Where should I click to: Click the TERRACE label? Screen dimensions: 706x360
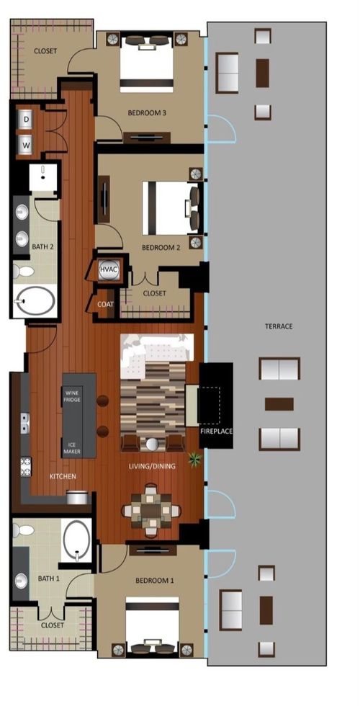tap(279, 326)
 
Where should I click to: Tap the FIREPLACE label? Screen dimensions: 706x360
tap(216, 432)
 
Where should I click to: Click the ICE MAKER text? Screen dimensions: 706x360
tap(71, 447)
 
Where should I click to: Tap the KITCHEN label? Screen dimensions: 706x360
tap(63, 477)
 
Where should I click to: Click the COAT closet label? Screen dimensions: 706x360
tap(104, 304)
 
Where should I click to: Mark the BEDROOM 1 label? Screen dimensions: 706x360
tap(154, 580)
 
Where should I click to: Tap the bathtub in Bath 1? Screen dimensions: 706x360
tap(76, 541)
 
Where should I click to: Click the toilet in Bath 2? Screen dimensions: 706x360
tap(23, 272)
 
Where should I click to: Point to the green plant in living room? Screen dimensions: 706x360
tap(194, 458)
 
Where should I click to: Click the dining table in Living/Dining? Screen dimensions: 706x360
tap(151, 511)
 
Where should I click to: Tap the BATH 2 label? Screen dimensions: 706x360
tap(41, 247)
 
